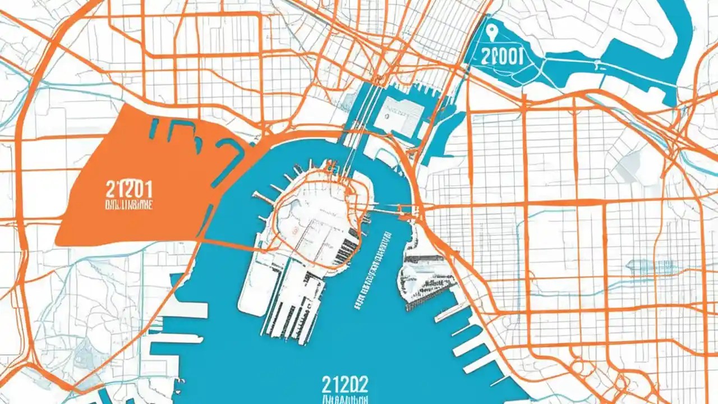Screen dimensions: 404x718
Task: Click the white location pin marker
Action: [x=493, y=31]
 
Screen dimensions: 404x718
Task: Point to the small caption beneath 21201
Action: [x=129, y=204]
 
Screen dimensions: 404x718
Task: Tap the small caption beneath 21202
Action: [x=345, y=401]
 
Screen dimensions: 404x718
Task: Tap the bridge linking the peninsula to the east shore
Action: [x=393, y=211]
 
